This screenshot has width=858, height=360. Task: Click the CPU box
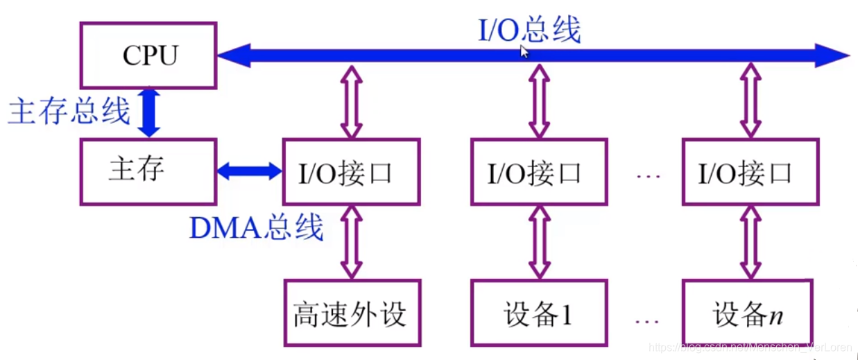point(148,55)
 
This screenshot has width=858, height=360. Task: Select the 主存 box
point(148,171)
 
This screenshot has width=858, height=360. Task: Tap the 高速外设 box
point(351,313)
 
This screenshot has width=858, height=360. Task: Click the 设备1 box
point(539,313)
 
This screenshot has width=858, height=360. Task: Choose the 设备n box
point(750,313)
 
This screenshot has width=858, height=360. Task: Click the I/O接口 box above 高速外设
point(351,172)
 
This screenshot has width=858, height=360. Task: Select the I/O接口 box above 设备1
point(539,172)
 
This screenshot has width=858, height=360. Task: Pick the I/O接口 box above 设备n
point(750,172)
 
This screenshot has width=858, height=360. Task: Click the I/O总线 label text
point(529,29)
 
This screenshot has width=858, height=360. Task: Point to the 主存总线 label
point(69,111)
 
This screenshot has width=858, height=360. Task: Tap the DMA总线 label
point(256,227)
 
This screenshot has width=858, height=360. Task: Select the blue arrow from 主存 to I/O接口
point(250,171)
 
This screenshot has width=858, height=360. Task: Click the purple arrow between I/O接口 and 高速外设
point(351,242)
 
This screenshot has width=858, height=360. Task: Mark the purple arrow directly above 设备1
point(539,242)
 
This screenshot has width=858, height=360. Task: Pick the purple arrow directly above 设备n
point(750,242)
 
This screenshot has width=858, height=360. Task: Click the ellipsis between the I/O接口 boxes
point(648,175)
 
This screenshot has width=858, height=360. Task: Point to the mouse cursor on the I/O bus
point(525,52)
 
